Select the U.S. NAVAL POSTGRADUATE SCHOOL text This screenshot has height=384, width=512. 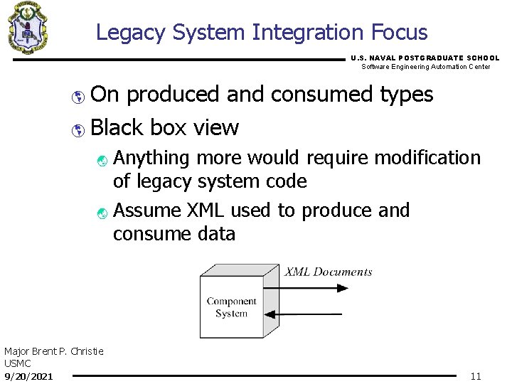(425, 58)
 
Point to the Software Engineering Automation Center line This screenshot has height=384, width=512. (425, 67)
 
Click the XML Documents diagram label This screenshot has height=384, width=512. (329, 272)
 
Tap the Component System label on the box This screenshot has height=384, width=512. (231, 307)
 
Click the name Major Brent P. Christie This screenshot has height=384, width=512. (54, 351)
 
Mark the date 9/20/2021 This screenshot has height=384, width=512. (28, 375)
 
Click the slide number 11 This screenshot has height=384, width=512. (476, 376)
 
